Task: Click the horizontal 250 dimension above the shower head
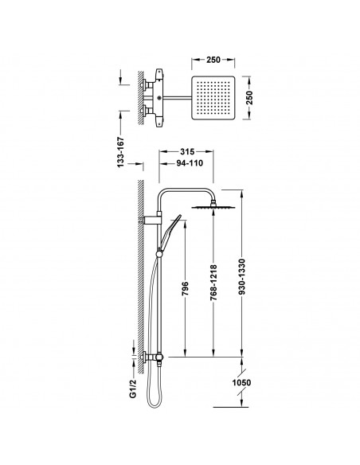click(x=213, y=60)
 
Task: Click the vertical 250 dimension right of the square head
click(x=249, y=98)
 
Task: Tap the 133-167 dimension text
click(x=121, y=152)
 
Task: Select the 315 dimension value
click(x=187, y=151)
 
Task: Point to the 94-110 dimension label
click(x=190, y=162)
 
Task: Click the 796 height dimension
click(x=185, y=288)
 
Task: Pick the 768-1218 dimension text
click(x=213, y=282)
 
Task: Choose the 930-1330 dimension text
click(x=242, y=277)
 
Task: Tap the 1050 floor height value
click(x=241, y=382)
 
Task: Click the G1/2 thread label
click(x=132, y=389)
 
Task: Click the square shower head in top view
click(x=213, y=98)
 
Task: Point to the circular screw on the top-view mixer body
click(x=159, y=98)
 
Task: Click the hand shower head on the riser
click(x=170, y=231)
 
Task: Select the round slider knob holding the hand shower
click(x=159, y=253)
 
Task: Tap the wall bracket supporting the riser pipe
click(x=150, y=221)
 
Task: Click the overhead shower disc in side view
click(x=213, y=207)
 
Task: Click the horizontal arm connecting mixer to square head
click(x=177, y=98)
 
